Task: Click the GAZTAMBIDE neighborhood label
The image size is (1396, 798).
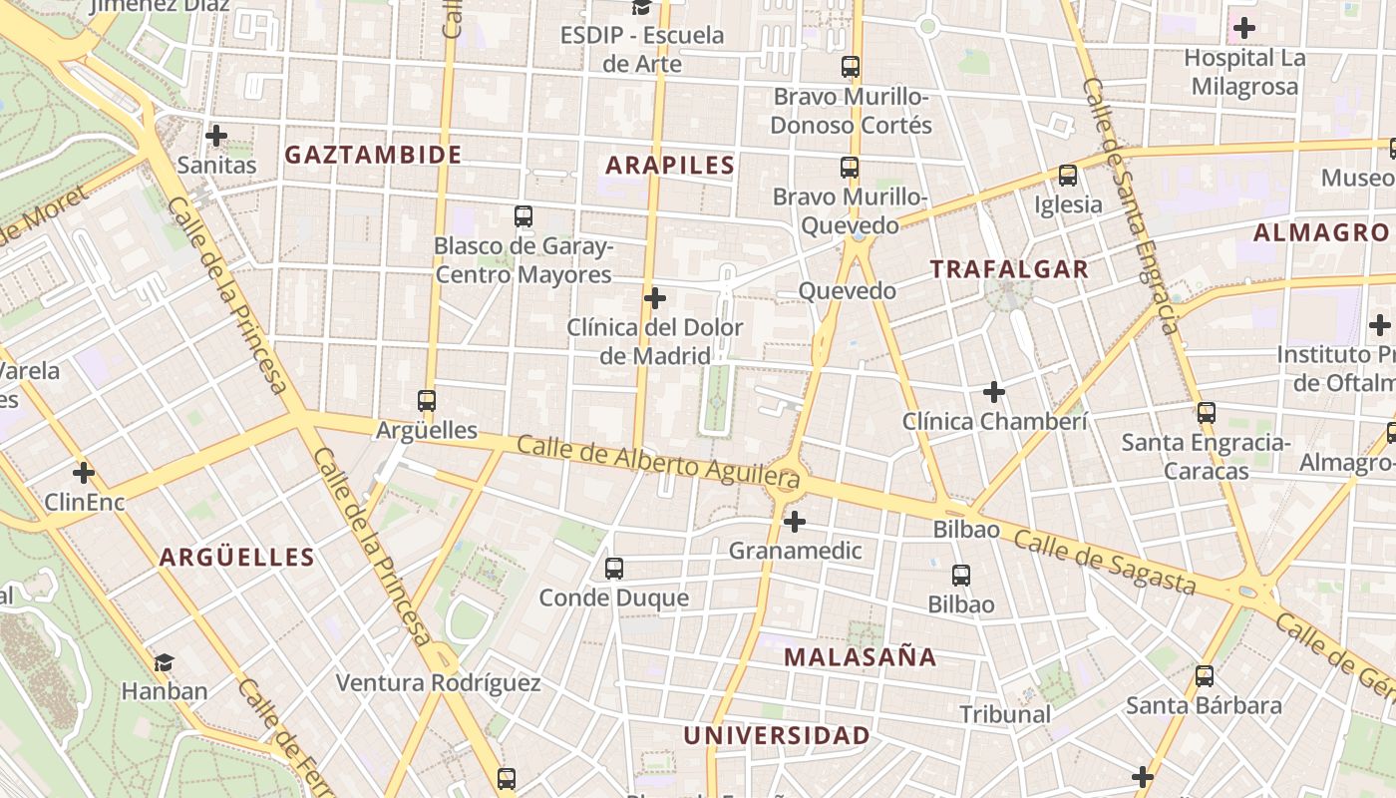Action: click(373, 155)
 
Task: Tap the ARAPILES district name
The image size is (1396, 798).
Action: click(670, 166)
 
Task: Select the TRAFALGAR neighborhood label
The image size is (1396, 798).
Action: click(1009, 269)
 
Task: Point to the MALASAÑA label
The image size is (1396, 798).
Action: click(860, 656)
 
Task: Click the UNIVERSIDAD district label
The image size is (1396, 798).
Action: click(776, 736)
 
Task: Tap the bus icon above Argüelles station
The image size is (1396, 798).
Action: click(427, 401)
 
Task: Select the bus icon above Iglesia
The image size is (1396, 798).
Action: click(1068, 176)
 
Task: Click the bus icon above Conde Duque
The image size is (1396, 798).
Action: click(614, 569)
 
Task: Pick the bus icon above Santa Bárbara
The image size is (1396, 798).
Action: click(1205, 676)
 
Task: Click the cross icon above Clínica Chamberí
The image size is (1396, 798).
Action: click(994, 392)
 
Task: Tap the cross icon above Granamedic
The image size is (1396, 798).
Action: click(795, 522)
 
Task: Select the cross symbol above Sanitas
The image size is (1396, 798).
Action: click(216, 136)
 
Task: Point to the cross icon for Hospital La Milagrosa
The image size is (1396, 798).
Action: click(1244, 28)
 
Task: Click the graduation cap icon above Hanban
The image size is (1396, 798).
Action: click(165, 661)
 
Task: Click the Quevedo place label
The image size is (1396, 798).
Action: click(848, 291)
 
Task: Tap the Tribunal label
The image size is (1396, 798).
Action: click(1005, 714)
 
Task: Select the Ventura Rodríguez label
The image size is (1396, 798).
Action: click(438, 683)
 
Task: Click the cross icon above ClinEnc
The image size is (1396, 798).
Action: click(84, 472)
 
